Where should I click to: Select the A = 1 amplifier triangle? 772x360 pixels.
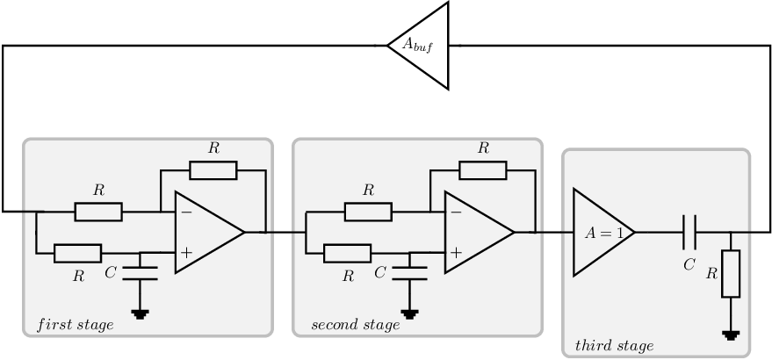tap(602, 233)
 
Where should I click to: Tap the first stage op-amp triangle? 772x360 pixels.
tap(206, 233)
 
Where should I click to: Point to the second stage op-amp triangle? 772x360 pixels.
tap(476, 233)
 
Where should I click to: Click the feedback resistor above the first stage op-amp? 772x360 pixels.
tap(213, 170)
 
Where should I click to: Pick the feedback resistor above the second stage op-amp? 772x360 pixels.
tap(483, 170)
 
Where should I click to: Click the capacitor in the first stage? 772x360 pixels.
tap(141, 273)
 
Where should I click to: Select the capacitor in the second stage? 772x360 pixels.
tap(409, 273)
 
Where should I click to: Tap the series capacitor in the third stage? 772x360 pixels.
tap(689, 233)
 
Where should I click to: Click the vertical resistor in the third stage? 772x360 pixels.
tap(731, 274)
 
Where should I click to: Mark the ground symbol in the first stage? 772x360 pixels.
tap(141, 314)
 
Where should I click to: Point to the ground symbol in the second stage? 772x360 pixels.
tap(409, 314)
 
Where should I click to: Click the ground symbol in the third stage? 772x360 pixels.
tap(731, 335)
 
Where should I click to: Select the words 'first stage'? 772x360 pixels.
tap(76, 325)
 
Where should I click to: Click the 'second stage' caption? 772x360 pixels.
tap(356, 325)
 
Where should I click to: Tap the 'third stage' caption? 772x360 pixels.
tap(615, 346)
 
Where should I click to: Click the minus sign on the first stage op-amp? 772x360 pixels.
tap(186, 212)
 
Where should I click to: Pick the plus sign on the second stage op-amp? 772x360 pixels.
tap(456, 253)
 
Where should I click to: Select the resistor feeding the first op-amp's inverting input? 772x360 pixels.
tap(98, 212)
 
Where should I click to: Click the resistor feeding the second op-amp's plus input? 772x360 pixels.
tap(348, 253)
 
